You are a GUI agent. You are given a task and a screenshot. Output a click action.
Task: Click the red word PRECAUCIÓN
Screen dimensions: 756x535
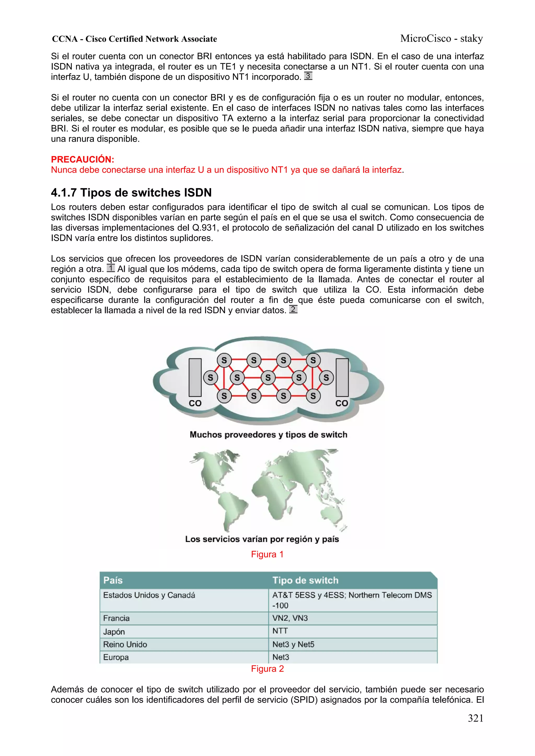82,159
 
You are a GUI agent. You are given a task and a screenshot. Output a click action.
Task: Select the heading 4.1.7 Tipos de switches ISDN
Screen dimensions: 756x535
131,193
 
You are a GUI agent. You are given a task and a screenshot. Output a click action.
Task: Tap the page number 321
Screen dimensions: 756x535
475,718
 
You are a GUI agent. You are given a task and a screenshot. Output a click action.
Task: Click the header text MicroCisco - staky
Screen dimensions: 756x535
441,39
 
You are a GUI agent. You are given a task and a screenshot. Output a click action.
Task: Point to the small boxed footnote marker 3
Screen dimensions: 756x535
308,76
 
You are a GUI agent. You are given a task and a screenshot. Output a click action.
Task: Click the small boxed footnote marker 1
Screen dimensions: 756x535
111,268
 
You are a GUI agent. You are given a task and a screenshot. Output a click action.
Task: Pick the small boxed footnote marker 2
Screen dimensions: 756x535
293,309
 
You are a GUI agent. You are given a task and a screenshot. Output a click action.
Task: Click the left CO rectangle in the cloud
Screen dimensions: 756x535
195,377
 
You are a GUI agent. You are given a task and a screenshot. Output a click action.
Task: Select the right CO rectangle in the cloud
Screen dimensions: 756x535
342,377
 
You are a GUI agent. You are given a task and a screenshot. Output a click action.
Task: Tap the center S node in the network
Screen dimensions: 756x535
268,378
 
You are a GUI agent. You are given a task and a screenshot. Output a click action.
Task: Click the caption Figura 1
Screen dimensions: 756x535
267,554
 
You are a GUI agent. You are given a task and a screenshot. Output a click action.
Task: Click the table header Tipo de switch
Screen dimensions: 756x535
305,580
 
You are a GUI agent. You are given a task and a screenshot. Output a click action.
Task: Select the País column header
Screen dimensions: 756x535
113,580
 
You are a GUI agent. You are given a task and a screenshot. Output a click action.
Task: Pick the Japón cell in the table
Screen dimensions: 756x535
114,632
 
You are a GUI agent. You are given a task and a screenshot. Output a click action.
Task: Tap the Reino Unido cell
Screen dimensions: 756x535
125,644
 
